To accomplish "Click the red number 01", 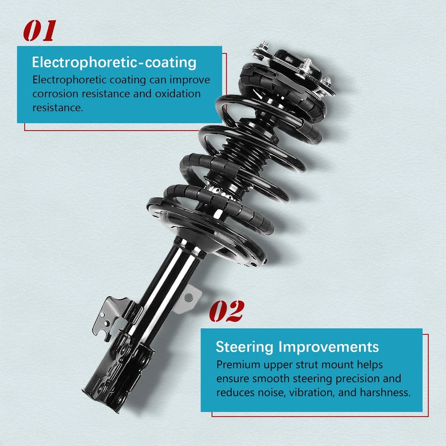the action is click(x=40, y=31).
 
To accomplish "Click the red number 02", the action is click(x=227, y=311).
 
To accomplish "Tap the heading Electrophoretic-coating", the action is click(x=114, y=62).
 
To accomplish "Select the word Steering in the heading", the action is click(x=244, y=347).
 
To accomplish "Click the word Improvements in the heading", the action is click(x=329, y=347).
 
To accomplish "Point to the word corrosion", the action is click(x=55, y=94).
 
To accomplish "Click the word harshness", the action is click(x=385, y=392).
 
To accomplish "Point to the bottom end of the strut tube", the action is click(x=101, y=400).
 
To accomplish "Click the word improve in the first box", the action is click(x=190, y=80).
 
